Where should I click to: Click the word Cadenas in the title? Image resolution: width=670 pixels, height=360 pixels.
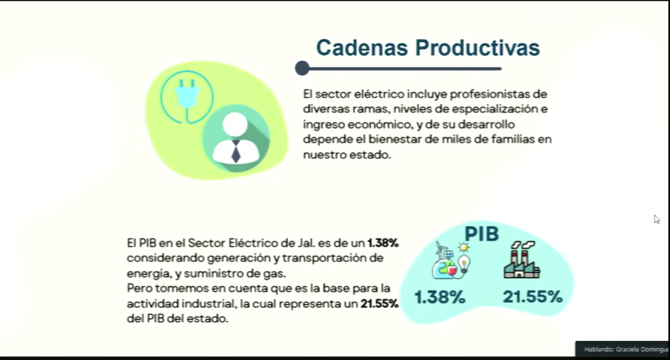(x=362, y=48)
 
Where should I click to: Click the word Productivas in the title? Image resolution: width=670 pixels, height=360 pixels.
(x=477, y=48)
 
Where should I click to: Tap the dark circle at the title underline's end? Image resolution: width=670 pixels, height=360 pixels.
(x=302, y=68)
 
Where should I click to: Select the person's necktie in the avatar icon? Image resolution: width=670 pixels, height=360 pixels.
(x=236, y=151)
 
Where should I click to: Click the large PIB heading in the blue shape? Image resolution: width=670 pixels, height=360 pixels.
(x=482, y=234)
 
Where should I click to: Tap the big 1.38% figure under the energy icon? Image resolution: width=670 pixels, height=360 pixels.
(x=440, y=297)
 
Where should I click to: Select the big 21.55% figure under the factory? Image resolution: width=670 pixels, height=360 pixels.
(x=532, y=297)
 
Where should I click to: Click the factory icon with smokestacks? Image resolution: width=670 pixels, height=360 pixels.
(x=522, y=260)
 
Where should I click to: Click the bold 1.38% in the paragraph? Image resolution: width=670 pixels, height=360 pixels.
(x=383, y=243)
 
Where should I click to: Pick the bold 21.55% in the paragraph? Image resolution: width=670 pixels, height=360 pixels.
(x=379, y=304)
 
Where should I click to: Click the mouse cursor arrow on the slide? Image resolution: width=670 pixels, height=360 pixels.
(x=656, y=219)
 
